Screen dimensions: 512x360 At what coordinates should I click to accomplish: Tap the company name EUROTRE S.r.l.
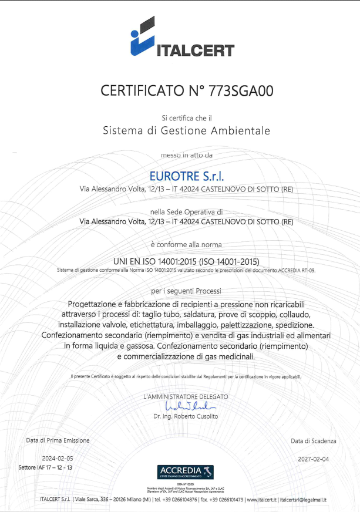click(186, 175)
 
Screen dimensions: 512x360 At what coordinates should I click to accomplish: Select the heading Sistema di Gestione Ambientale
click(186, 130)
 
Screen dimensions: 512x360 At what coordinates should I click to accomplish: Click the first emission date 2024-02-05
click(58, 457)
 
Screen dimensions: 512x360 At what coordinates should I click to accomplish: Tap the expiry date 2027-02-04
click(313, 457)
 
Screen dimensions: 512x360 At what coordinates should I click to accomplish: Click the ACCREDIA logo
click(186, 471)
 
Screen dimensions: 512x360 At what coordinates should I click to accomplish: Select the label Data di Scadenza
click(314, 440)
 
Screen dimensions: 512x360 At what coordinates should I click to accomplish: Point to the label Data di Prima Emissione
click(58, 440)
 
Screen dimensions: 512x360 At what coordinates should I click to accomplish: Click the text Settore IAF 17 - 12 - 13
click(45, 467)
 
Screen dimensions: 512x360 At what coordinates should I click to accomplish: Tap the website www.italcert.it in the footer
click(262, 500)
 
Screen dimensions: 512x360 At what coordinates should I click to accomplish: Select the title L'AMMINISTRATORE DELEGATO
click(186, 397)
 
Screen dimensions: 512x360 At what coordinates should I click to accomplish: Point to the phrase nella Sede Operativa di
click(186, 211)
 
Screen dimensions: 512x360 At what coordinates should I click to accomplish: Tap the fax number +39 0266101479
click(223, 500)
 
